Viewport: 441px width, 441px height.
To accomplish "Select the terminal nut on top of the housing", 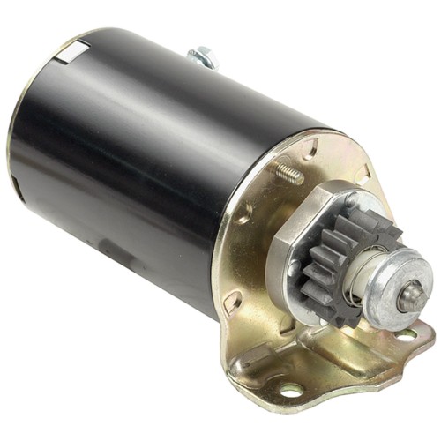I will (x=201, y=57).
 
